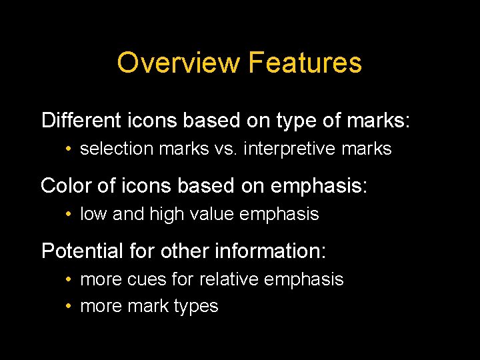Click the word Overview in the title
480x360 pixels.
[178, 63]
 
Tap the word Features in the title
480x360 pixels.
[305, 63]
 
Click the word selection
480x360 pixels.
[117, 149]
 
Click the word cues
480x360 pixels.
[148, 279]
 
